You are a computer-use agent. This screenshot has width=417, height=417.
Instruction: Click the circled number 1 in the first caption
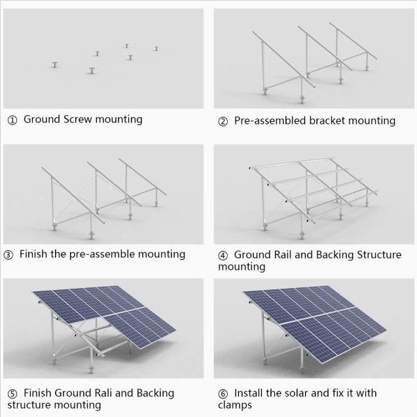coord(12,120)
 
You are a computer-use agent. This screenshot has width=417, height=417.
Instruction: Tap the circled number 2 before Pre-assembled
coord(223,122)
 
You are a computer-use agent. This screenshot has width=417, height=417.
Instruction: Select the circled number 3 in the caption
coord(9,255)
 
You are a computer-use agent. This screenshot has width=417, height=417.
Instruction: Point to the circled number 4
coord(223,255)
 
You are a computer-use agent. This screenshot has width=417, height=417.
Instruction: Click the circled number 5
coord(12,394)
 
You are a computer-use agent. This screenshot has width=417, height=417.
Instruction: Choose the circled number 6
coord(223,394)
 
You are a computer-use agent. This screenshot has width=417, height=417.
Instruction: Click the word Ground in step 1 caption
coord(41,119)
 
